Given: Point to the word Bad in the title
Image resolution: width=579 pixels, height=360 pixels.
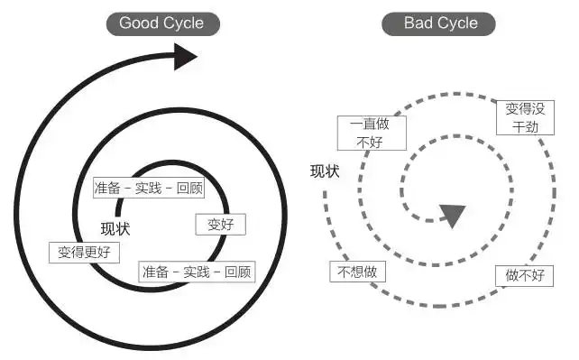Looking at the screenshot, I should coord(414,23).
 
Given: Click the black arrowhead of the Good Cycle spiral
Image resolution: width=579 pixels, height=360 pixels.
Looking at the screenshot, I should coord(184,59).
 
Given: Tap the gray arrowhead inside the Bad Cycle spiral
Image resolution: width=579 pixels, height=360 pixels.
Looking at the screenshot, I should coord(452,216).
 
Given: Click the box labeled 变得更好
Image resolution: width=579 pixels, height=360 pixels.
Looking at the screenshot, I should coord(84,252).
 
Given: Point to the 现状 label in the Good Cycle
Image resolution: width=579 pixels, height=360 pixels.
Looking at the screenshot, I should coord(116,227).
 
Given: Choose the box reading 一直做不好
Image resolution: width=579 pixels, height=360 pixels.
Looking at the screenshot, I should coord(372,132).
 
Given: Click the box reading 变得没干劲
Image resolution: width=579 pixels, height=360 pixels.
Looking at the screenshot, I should coord(525,117).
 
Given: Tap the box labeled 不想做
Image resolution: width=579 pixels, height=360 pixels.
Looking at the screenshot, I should coord(357,271).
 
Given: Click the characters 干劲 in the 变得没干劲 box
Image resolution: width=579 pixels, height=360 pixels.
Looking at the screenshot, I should coord(525,125).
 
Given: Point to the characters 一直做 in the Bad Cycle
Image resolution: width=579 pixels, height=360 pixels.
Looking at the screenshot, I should coord(372,125).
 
